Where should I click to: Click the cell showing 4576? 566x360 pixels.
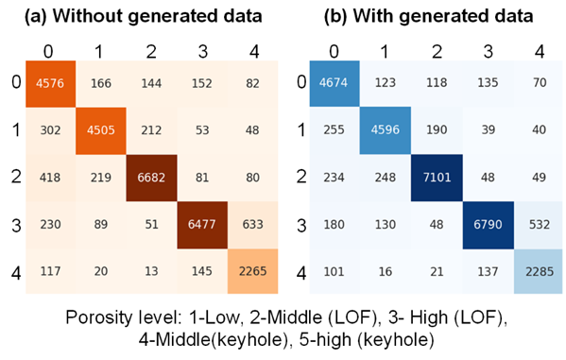[x=50, y=84]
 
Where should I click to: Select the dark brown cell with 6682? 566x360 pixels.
[x=151, y=178]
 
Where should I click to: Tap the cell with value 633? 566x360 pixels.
[x=252, y=225]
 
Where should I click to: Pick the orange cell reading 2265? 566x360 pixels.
[x=252, y=271]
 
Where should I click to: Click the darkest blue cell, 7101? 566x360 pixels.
[x=437, y=178]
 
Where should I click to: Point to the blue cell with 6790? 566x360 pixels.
[x=488, y=225]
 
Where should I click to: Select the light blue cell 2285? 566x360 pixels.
[x=540, y=271]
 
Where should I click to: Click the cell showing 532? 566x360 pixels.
[x=540, y=225]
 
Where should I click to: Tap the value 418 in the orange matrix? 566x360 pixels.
[x=50, y=178]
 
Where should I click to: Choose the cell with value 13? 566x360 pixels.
[x=151, y=271]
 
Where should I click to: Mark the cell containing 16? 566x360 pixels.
[x=386, y=271]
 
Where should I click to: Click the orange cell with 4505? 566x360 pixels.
[x=101, y=130]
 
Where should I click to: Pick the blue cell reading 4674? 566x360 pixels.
[x=334, y=83]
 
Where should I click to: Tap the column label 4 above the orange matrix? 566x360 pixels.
[x=254, y=52]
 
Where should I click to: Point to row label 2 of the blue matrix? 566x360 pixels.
[x=301, y=177]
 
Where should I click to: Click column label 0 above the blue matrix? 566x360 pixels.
[x=334, y=52]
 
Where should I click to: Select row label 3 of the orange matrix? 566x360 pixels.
[x=16, y=225]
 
